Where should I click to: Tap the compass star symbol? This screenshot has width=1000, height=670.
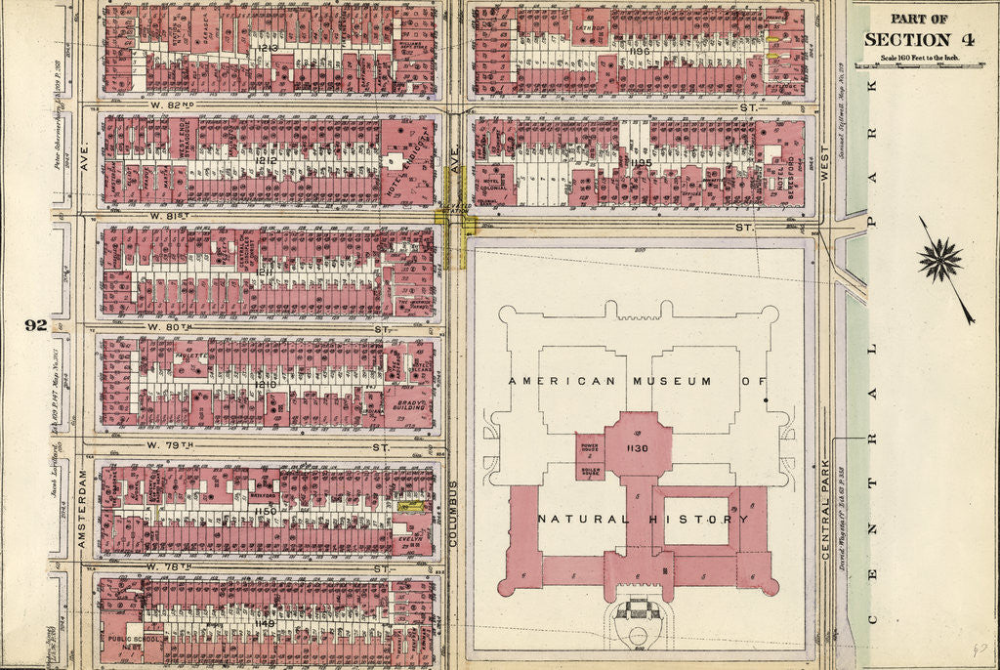coord(939,260)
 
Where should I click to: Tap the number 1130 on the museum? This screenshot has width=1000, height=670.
coord(638,447)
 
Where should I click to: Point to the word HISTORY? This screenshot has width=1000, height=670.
coord(700,519)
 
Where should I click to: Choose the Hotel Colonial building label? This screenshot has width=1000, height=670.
coord(491,182)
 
